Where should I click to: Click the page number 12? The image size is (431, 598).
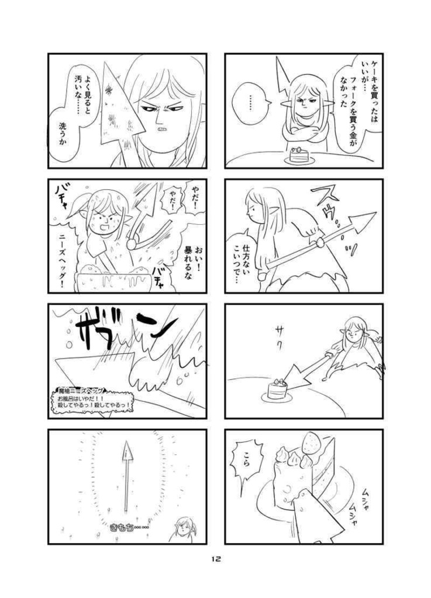pos(216,559)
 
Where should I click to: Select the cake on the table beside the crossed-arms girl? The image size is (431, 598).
pos(298,154)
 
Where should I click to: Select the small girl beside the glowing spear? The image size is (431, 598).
pos(185,529)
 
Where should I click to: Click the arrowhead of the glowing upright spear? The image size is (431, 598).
pos(126,450)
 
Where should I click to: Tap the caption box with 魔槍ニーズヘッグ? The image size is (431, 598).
pos(92,399)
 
